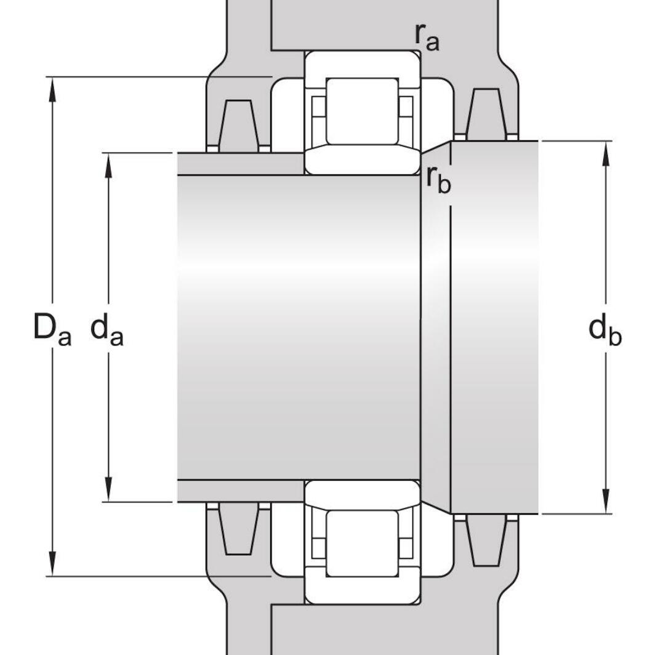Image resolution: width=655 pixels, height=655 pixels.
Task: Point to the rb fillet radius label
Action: point(438,180)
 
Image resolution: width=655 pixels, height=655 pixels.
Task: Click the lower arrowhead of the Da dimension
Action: point(53,565)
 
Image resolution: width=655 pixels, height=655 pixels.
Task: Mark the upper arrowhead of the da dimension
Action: point(109,164)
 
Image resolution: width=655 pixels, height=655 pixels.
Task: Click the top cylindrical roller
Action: point(361,111)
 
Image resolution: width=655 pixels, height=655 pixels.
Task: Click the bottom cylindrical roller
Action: point(361,543)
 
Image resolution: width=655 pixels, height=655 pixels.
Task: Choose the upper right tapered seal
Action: point(486,114)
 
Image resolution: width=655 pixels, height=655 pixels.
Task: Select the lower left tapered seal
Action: point(239,529)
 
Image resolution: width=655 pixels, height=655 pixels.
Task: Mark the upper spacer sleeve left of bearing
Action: point(240,164)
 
